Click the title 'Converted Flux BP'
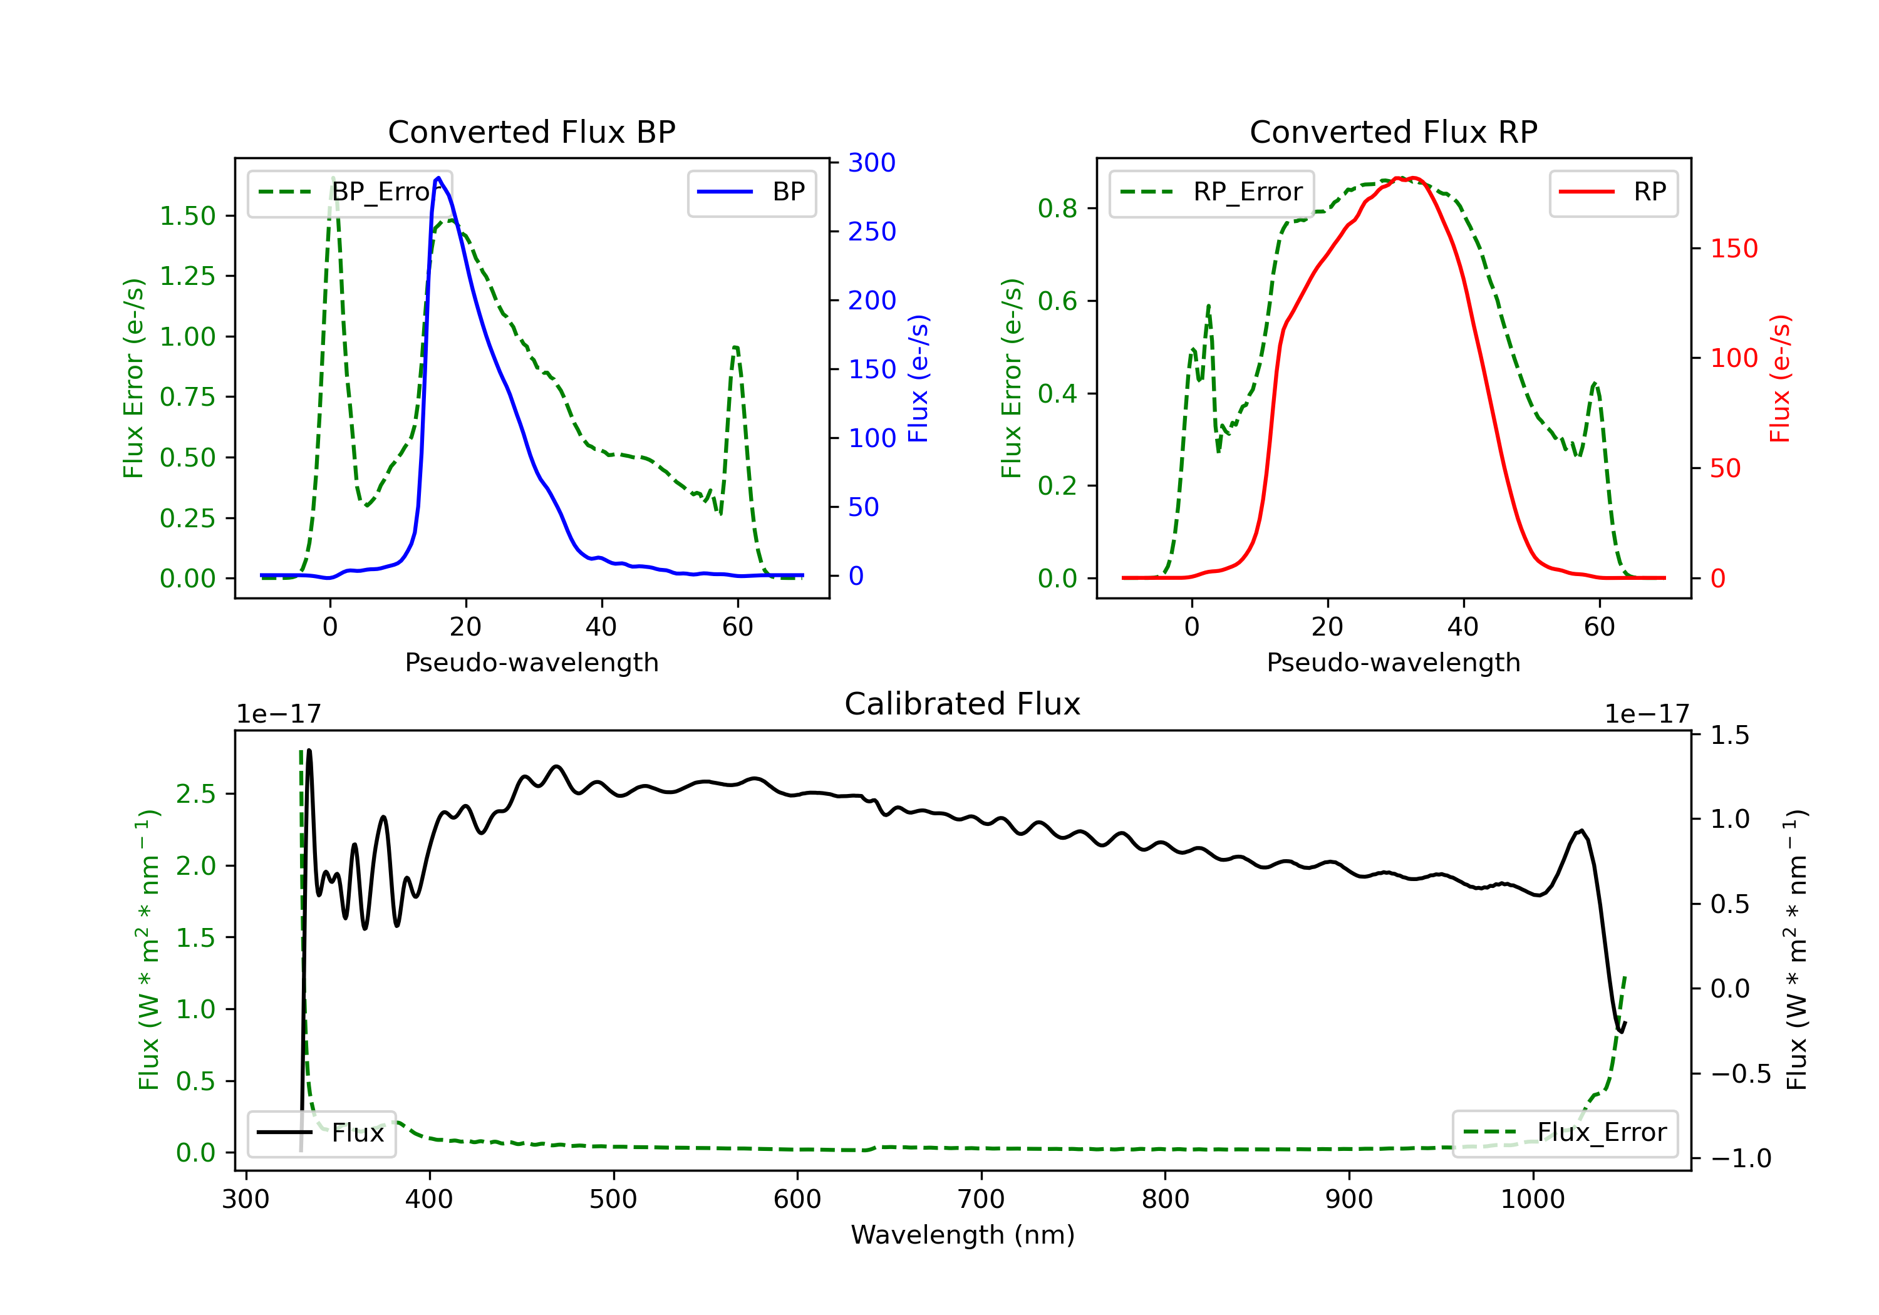tap(531, 131)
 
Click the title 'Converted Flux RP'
tap(1393, 131)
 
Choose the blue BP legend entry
tap(751, 192)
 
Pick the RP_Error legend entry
tap(1211, 192)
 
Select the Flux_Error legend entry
tap(1564, 1133)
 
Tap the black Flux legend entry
tap(322, 1133)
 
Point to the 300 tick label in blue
tap(872, 163)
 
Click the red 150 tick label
tap(1733, 249)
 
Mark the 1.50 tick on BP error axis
tap(187, 216)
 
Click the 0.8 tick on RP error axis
tap(1057, 209)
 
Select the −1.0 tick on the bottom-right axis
tap(1741, 1158)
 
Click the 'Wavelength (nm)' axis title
tap(963, 1235)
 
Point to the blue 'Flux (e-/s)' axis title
tap(919, 378)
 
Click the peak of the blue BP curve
tap(438, 178)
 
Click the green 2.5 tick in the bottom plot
tap(195, 794)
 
